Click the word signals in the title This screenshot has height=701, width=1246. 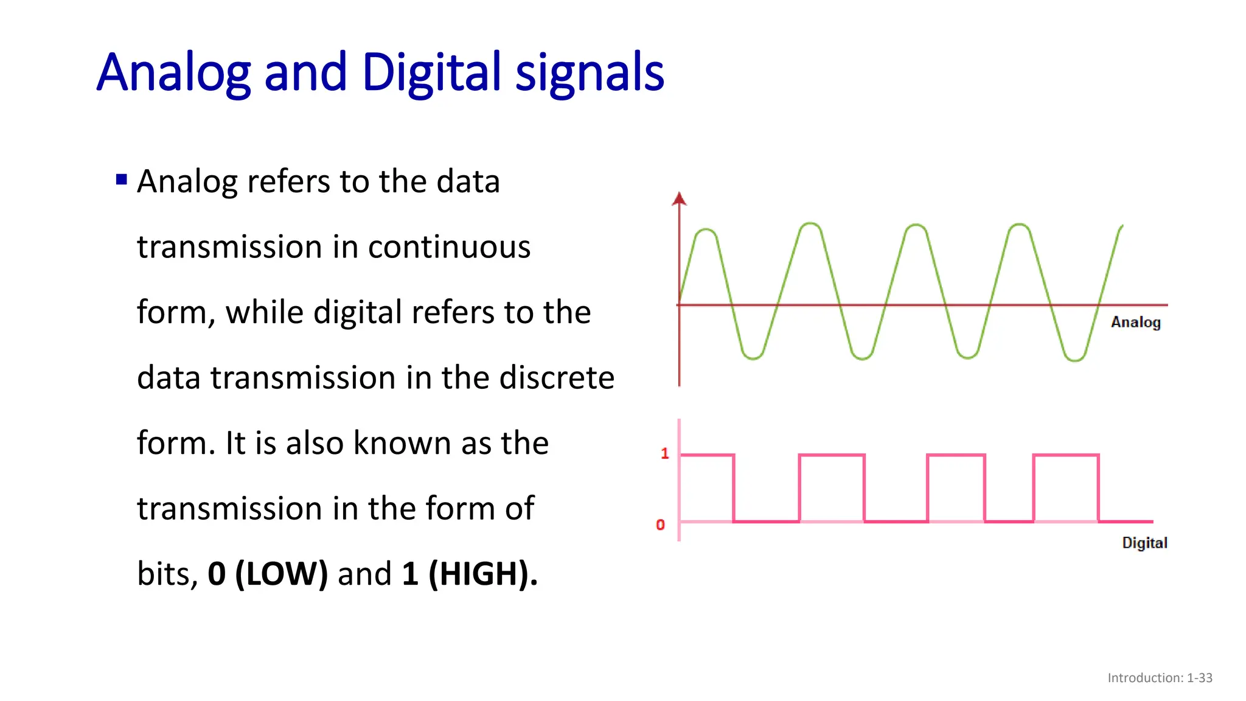589,73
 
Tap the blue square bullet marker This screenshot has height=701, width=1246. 122,180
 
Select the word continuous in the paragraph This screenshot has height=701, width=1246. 449,247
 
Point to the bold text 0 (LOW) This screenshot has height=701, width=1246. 268,574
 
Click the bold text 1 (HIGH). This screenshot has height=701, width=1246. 469,574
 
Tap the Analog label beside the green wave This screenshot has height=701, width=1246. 1135,322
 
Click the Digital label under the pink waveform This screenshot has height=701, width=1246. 1144,543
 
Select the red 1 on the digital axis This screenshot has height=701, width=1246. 664,453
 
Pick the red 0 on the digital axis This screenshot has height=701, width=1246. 660,525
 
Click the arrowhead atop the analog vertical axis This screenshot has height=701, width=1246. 679,198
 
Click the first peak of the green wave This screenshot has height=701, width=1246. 706,230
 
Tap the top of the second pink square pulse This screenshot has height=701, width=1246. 831,455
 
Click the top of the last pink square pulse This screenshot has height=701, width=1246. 1065,455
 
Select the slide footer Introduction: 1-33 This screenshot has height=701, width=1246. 1159,678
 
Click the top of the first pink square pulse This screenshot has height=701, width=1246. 707,455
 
